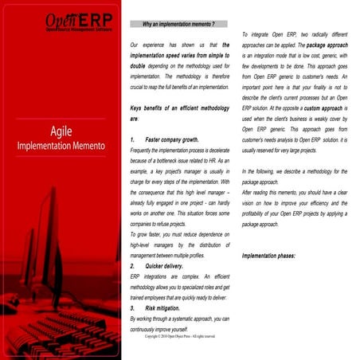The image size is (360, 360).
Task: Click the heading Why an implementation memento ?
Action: pyautogui.click(x=178, y=25)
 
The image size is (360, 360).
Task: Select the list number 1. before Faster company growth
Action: pyautogui.click(x=131, y=139)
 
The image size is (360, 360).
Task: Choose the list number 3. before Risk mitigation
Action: pyautogui.click(x=131, y=307)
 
